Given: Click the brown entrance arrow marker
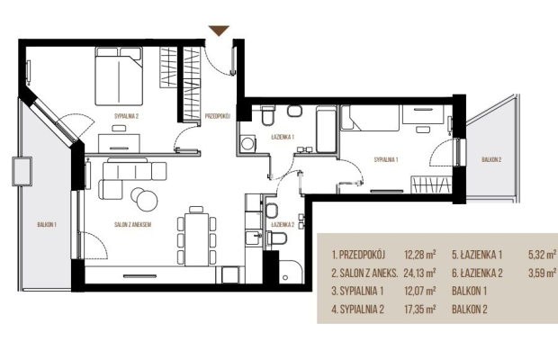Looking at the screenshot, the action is pos(219,31).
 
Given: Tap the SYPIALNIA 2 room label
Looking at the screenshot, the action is pos(126,116).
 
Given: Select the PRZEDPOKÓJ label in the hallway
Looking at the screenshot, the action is pos(218,116).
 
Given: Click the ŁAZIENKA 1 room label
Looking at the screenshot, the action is pos(283,137).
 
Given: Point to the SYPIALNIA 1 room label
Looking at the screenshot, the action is pos(386,159).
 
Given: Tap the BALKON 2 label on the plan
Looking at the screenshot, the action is pos(491,159).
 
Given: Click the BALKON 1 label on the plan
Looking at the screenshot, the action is pos(47,224).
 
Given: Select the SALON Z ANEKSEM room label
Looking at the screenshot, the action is pos(132,224).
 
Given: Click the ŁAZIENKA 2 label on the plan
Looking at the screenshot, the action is pos(283,224).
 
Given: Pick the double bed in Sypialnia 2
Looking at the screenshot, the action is pos(119,76).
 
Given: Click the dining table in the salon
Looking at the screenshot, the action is pos(197,239).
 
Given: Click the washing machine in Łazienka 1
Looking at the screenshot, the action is pos(247,143).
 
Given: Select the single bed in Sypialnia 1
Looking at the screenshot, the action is pos(370,118).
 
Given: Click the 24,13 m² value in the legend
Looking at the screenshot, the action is pos(419,273).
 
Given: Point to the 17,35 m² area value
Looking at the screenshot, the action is pos(420,309).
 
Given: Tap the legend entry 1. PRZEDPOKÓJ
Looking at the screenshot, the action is pos(358,255).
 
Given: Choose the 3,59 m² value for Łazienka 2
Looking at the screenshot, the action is pos(543,273).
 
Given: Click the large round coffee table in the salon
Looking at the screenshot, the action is pos(147,201).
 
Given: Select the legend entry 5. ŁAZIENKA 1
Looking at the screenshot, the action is pos(477,255).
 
